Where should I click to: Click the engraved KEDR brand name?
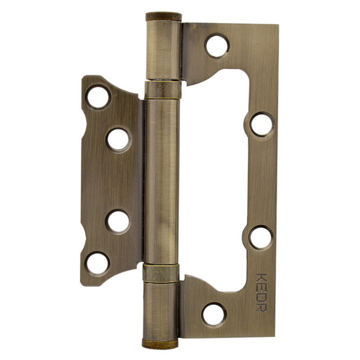point(262,292)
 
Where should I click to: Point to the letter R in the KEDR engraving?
point(262,307)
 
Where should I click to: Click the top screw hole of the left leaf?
point(98,97)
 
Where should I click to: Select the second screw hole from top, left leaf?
point(118,139)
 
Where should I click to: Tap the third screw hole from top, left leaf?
point(118,221)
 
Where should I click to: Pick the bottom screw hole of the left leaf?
point(97,263)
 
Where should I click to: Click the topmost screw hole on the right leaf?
point(217,46)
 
